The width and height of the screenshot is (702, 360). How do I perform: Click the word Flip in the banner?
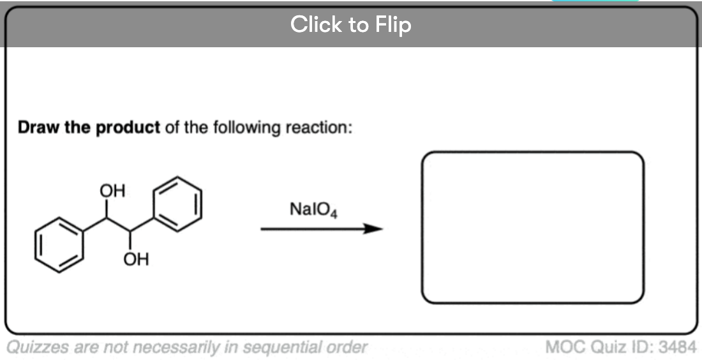[x=393, y=24]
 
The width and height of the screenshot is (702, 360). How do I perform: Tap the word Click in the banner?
[x=318, y=24]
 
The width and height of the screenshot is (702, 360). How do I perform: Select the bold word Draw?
[x=38, y=128]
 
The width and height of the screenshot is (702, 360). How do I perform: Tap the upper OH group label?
[x=112, y=191]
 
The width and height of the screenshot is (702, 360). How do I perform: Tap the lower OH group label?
[x=136, y=259]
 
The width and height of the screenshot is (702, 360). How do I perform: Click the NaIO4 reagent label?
[x=313, y=209]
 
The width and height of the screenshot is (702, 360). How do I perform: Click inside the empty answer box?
[x=533, y=227]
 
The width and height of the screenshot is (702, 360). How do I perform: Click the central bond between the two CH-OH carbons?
[x=118, y=225]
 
